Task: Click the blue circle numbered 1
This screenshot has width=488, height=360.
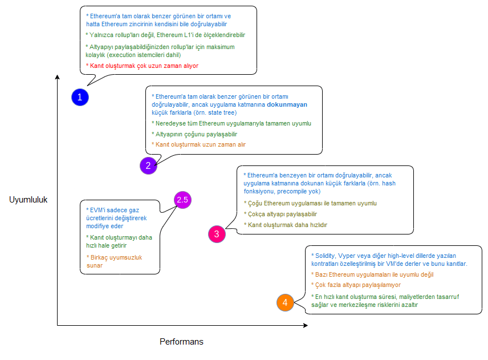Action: (x=80, y=97)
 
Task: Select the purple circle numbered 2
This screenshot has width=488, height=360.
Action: (x=148, y=166)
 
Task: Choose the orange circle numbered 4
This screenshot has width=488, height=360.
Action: (x=285, y=302)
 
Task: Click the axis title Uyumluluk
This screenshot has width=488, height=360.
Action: (x=28, y=200)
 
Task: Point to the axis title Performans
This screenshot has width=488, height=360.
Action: (x=181, y=342)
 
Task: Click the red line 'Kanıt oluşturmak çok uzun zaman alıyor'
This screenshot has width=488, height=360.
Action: (x=143, y=66)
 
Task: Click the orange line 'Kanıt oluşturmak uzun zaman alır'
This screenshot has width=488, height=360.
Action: (x=198, y=145)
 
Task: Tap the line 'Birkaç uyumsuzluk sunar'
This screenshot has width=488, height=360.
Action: (x=111, y=262)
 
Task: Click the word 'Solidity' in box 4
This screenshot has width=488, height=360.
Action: (x=327, y=254)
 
